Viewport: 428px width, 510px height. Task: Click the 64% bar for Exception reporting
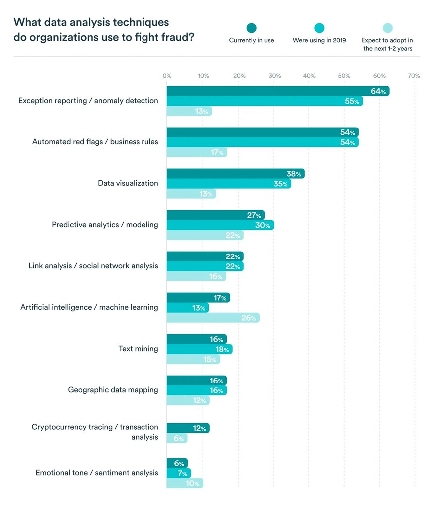click(278, 91)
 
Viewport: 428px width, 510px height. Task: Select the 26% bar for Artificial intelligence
click(213, 318)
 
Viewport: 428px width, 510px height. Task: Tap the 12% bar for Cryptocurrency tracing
click(188, 428)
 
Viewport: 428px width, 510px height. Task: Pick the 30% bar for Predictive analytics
click(220, 225)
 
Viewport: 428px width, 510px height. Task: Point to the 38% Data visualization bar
click(235, 174)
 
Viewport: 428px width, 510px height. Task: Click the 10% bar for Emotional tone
click(185, 483)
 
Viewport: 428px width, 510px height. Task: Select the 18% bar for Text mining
click(199, 349)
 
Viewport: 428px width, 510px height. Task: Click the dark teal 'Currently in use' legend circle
click(251, 28)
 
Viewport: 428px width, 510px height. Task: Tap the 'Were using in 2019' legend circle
click(319, 28)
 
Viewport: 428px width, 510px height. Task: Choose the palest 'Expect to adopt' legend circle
click(387, 28)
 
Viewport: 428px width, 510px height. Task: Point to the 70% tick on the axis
click(414, 76)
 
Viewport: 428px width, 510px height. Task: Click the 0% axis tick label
click(167, 76)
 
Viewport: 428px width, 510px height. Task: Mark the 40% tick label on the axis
click(309, 76)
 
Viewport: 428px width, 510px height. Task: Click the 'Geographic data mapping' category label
click(113, 390)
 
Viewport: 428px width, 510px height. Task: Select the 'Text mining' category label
click(138, 349)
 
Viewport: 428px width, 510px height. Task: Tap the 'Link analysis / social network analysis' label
click(93, 266)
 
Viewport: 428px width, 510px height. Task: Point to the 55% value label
click(352, 101)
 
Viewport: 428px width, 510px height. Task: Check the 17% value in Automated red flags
click(217, 153)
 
